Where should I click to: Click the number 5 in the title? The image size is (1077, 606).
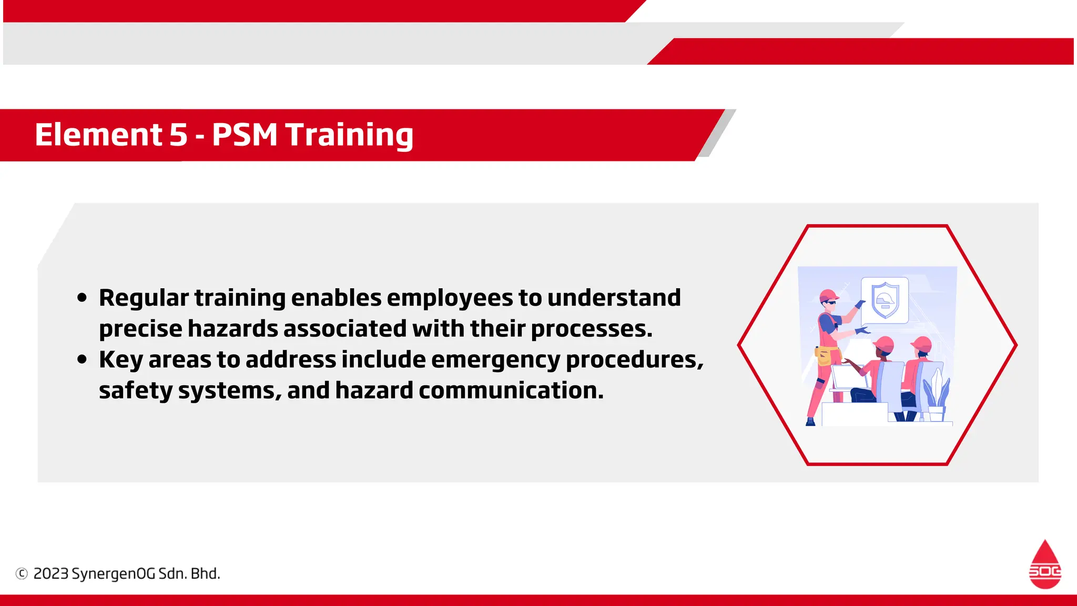(178, 135)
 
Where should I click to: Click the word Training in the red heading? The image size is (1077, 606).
(349, 135)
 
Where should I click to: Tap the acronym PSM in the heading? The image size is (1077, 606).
(245, 135)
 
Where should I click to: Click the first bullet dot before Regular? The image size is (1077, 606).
(82, 298)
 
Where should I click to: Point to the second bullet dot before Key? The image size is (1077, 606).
(82, 360)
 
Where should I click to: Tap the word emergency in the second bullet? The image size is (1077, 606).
(495, 360)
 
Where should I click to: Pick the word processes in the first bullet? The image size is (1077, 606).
(591, 329)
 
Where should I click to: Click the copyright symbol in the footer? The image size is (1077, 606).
(22, 573)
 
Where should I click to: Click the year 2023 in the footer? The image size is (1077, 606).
(51, 573)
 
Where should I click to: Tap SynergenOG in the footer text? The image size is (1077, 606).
(113, 573)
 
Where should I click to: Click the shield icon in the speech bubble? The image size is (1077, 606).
(885, 300)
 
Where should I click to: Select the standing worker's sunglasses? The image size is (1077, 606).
(829, 302)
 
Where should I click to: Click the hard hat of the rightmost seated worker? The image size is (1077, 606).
(922, 345)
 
